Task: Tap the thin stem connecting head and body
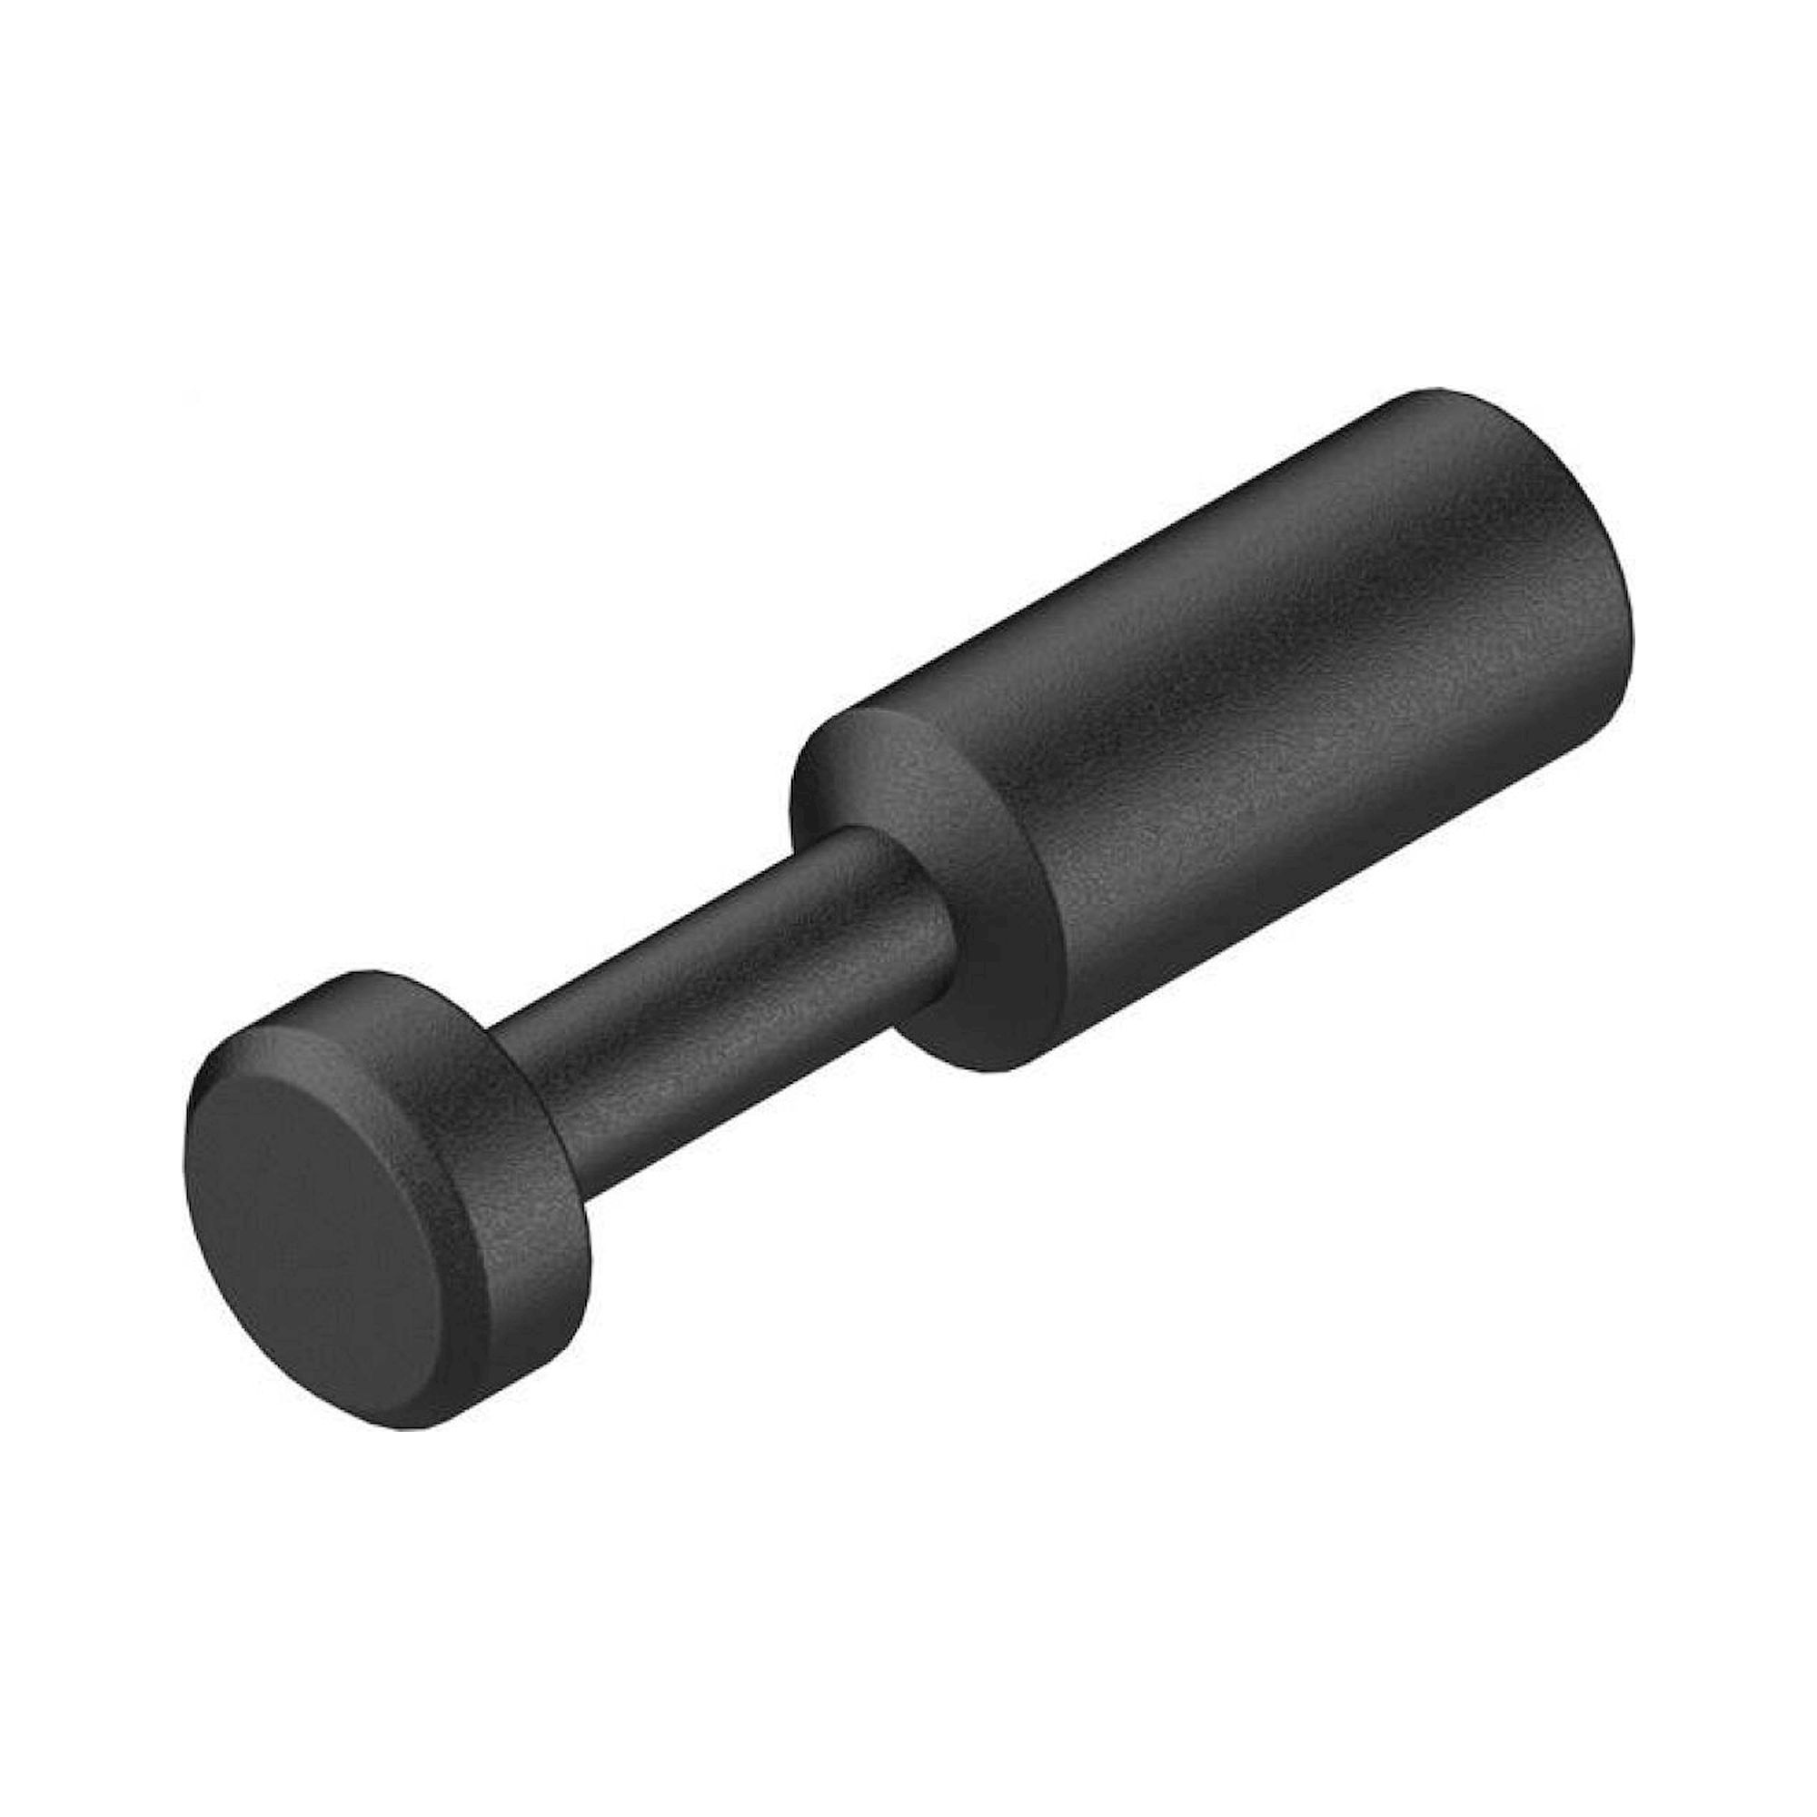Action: click(715, 978)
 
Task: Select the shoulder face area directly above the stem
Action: click(865, 771)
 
